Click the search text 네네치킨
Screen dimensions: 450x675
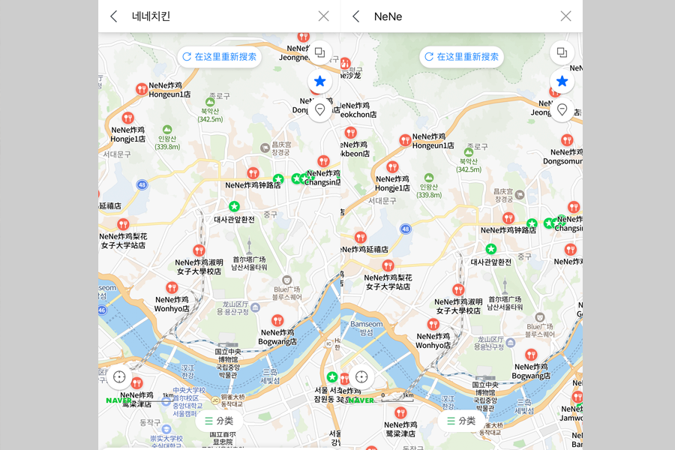[151, 16]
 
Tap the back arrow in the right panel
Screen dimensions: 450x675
[356, 16]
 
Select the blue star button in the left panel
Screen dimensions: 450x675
[320, 81]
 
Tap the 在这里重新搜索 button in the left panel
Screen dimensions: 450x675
[219, 57]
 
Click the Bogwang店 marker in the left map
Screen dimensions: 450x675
[277, 321]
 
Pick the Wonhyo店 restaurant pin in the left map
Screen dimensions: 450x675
[172, 288]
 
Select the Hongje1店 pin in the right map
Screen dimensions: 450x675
[392, 167]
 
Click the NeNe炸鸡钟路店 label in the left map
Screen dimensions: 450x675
[253, 184]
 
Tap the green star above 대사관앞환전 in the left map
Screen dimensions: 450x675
[234, 206]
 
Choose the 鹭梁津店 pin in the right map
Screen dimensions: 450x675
[400, 413]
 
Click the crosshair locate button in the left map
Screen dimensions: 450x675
[119, 376]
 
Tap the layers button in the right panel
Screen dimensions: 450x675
[562, 52]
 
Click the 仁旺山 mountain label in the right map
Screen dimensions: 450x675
[429, 190]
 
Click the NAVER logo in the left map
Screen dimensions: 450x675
[118, 400]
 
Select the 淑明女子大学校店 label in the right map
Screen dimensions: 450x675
[458, 306]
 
